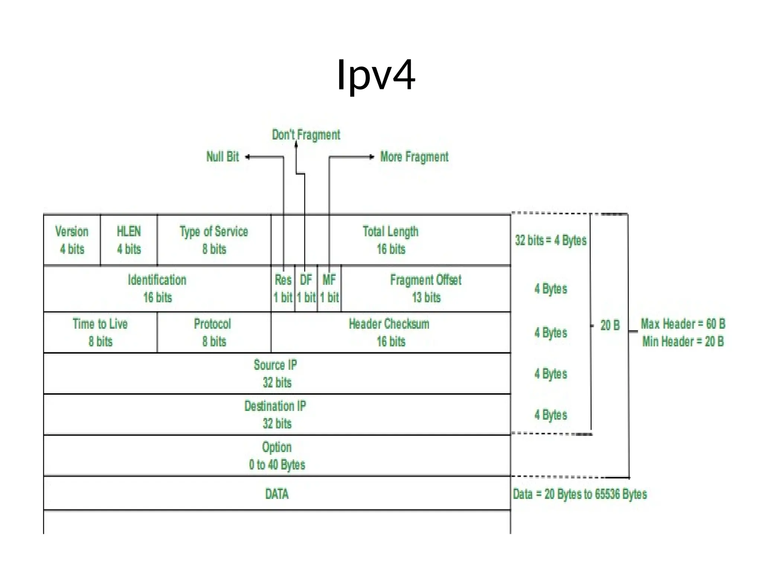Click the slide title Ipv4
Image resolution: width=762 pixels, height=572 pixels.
376,75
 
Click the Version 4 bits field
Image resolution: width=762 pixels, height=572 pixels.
72,240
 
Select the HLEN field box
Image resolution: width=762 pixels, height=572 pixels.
129,240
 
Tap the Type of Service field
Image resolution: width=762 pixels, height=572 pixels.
214,240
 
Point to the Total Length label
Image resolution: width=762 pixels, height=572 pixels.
390,232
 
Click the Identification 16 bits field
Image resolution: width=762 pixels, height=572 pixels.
157,289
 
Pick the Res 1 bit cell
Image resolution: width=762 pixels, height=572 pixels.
283,289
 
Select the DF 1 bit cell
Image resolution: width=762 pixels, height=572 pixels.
306,289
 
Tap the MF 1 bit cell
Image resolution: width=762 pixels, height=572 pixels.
329,289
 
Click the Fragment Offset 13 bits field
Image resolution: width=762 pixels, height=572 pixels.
426,289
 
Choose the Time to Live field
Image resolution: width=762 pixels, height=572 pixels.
100,332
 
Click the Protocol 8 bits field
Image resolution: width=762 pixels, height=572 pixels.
213,332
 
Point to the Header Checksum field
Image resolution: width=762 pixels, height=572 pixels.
390,332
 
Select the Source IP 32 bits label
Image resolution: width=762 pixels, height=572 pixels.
276,373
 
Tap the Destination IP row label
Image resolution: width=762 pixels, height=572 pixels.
275,406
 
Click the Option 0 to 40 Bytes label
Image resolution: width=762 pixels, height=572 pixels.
277,455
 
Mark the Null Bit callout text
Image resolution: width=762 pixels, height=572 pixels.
222,157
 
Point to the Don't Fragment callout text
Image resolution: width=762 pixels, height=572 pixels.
306,135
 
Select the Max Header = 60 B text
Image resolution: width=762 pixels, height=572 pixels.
683,324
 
